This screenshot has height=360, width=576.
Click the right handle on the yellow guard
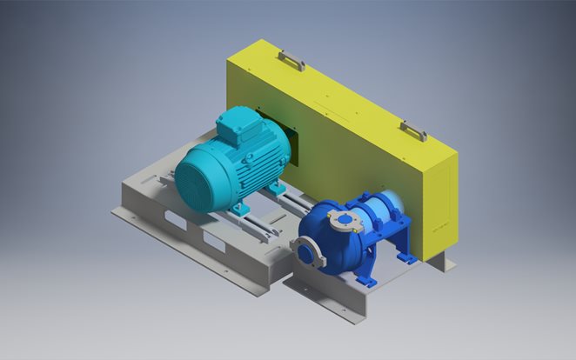413,130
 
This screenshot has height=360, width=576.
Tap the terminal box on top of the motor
236,127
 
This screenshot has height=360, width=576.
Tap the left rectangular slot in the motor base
173,223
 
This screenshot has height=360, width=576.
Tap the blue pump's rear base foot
407,256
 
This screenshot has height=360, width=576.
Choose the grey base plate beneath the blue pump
331,291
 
